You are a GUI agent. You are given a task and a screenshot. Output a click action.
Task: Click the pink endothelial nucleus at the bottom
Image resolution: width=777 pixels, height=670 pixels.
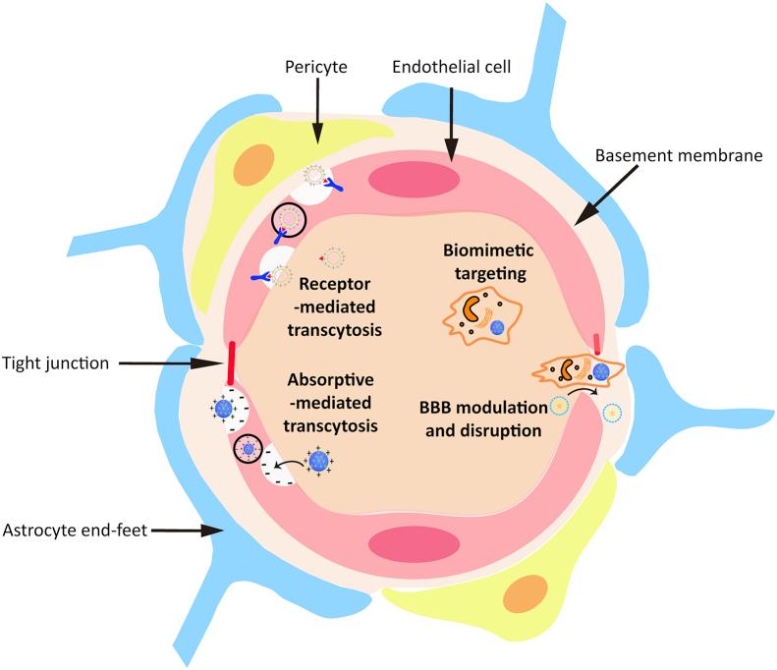[414, 544]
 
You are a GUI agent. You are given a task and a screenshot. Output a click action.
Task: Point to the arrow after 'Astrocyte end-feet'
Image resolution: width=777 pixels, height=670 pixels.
[187, 531]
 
